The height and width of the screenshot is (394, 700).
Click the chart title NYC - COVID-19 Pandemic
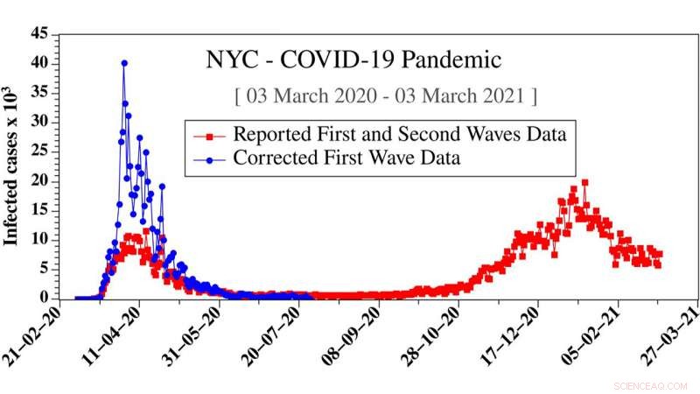point(353,60)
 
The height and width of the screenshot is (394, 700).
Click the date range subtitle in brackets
point(386,94)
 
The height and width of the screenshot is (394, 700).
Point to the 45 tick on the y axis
point(39,34)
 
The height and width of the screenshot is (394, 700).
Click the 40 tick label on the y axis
point(39,63)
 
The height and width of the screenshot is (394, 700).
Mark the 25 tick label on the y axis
point(39,151)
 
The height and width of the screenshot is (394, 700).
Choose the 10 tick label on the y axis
point(39,239)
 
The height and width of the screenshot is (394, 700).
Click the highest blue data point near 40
point(124,63)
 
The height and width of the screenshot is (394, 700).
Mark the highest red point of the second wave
point(584,182)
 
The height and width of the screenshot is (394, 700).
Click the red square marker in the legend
point(208,136)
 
